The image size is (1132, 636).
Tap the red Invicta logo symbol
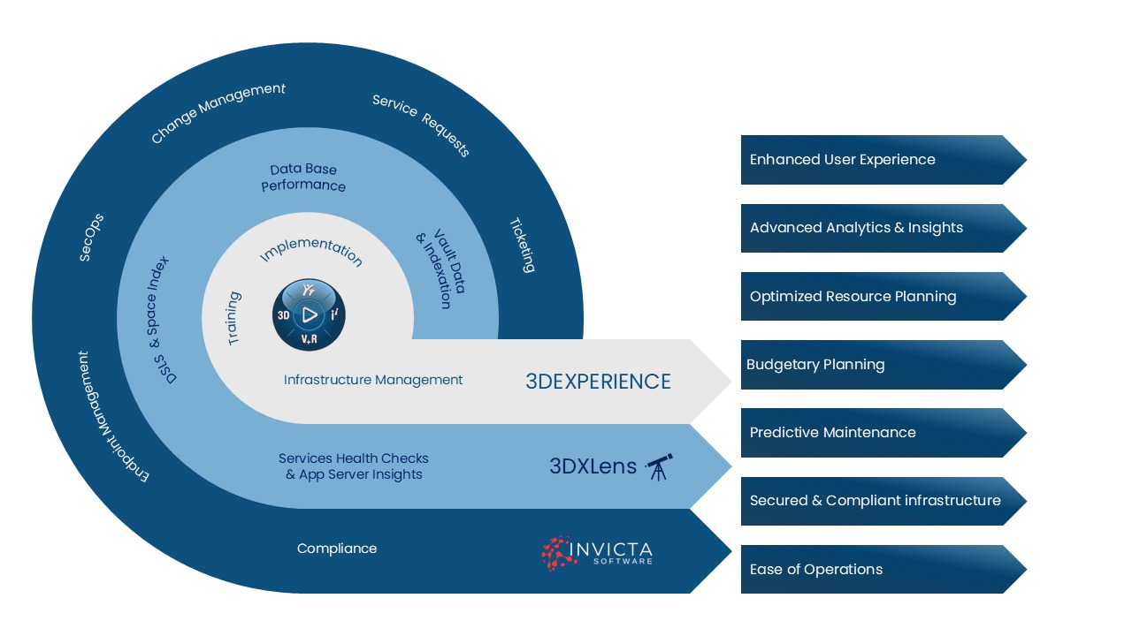(555, 552)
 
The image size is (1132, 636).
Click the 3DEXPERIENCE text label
(598, 382)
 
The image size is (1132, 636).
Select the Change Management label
(218, 112)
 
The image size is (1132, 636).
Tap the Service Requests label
(421, 125)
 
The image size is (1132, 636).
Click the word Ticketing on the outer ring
(523, 245)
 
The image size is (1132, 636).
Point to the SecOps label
(92, 237)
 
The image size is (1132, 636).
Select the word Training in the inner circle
(234, 318)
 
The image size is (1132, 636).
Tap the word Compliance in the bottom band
(337, 549)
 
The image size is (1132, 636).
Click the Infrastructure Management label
(373, 380)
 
